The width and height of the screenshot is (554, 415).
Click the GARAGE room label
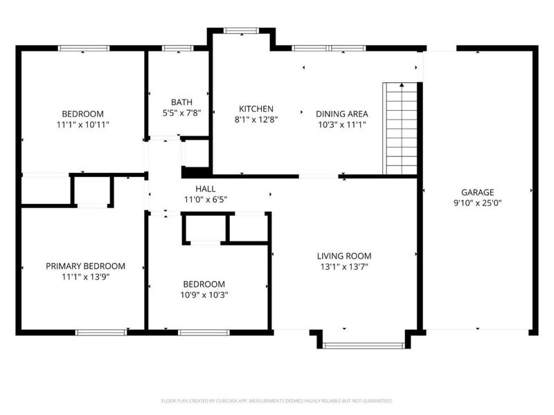(x=478, y=192)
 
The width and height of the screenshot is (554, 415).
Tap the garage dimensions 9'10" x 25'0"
(x=478, y=203)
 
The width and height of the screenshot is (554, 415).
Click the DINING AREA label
(x=341, y=113)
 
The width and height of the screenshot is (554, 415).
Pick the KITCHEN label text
(x=256, y=109)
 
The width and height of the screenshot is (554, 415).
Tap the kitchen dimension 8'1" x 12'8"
(x=256, y=120)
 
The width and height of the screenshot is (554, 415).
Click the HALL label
(x=205, y=188)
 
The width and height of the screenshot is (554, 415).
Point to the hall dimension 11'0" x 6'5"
(x=205, y=199)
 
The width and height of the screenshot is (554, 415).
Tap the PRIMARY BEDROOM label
(x=85, y=266)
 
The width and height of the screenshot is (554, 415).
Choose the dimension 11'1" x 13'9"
(x=85, y=277)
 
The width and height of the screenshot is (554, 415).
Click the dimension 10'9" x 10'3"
(x=204, y=295)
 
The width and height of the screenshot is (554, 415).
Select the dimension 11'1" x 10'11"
(x=82, y=124)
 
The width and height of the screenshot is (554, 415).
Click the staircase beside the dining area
(x=402, y=129)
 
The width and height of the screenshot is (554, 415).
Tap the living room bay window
(x=363, y=344)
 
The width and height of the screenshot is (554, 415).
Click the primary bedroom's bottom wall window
(x=101, y=332)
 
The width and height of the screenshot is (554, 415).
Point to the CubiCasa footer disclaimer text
(x=276, y=400)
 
